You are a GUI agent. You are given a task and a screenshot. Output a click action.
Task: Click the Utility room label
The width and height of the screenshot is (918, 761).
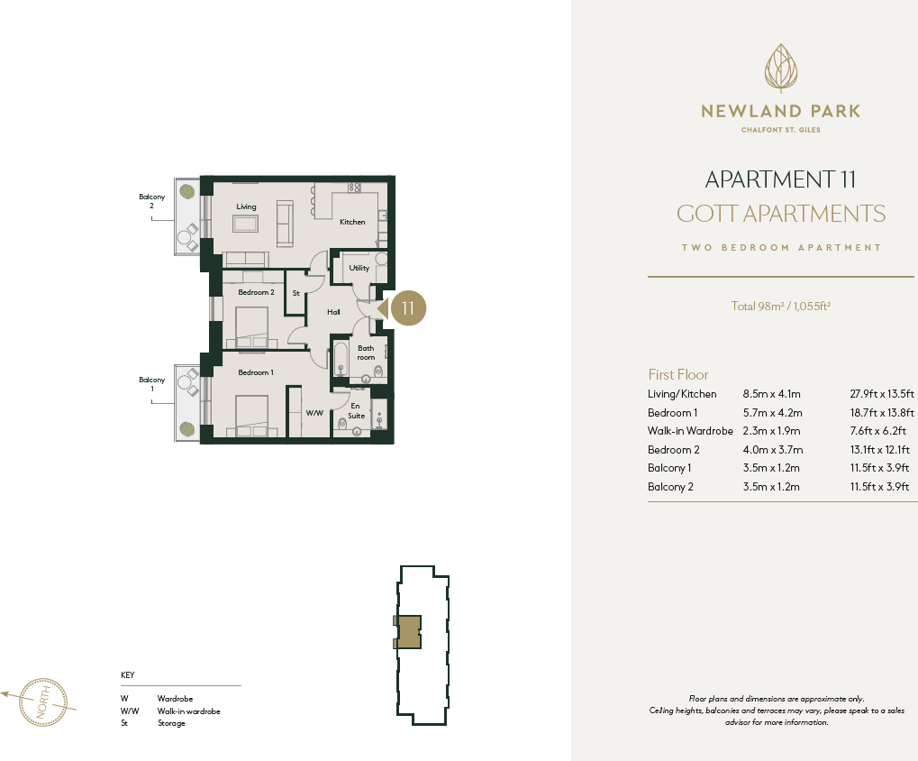[359, 268]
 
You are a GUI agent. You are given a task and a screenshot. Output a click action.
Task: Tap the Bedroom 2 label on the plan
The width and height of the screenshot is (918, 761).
[256, 292]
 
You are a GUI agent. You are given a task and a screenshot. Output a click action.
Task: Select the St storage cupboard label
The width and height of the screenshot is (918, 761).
[295, 293]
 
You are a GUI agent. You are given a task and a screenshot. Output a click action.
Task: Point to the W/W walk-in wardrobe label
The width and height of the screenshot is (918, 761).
[314, 414]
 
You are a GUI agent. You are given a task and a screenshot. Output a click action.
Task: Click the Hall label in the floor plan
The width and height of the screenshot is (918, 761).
[333, 312]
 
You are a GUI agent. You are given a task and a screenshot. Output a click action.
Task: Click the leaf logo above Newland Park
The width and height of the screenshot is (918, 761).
[781, 68]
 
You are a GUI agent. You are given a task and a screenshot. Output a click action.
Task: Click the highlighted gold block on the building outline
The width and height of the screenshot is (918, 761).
[409, 631]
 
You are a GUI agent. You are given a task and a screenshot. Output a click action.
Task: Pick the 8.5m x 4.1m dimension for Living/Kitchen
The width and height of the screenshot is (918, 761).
[771, 394]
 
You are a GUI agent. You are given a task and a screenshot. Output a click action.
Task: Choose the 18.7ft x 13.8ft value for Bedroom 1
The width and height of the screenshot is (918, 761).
[882, 412]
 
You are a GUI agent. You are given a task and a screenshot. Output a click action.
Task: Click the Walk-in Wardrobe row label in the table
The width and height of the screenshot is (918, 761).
[690, 431]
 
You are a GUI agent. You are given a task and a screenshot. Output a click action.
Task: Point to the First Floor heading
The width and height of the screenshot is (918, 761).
[678, 374]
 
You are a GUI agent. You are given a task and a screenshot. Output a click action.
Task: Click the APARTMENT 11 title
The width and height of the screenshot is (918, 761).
[780, 179]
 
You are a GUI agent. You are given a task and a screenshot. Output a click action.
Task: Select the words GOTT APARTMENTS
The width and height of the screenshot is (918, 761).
[780, 214]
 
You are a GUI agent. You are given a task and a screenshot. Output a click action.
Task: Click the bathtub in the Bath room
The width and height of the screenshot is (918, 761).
[341, 358]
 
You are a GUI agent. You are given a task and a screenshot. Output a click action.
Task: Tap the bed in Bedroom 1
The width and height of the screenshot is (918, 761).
[253, 416]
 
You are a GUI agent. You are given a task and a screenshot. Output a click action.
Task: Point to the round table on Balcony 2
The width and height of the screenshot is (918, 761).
[186, 240]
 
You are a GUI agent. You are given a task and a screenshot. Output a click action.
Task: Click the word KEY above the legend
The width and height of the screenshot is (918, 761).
[127, 674]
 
